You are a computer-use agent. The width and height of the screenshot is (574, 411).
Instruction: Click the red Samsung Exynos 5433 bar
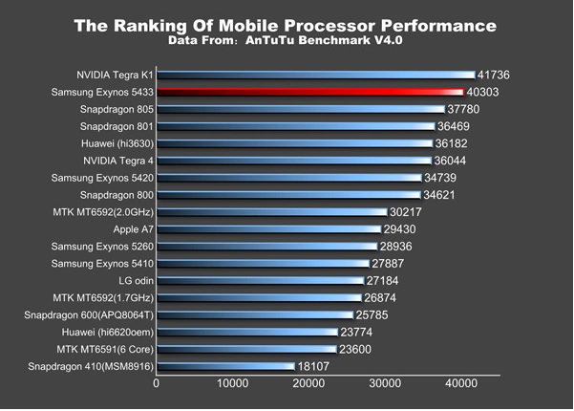316,92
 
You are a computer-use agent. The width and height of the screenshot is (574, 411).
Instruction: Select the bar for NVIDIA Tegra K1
316,75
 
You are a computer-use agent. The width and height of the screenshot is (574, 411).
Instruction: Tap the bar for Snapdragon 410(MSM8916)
225,366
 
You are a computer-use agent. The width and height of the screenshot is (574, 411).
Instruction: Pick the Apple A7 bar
268,229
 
